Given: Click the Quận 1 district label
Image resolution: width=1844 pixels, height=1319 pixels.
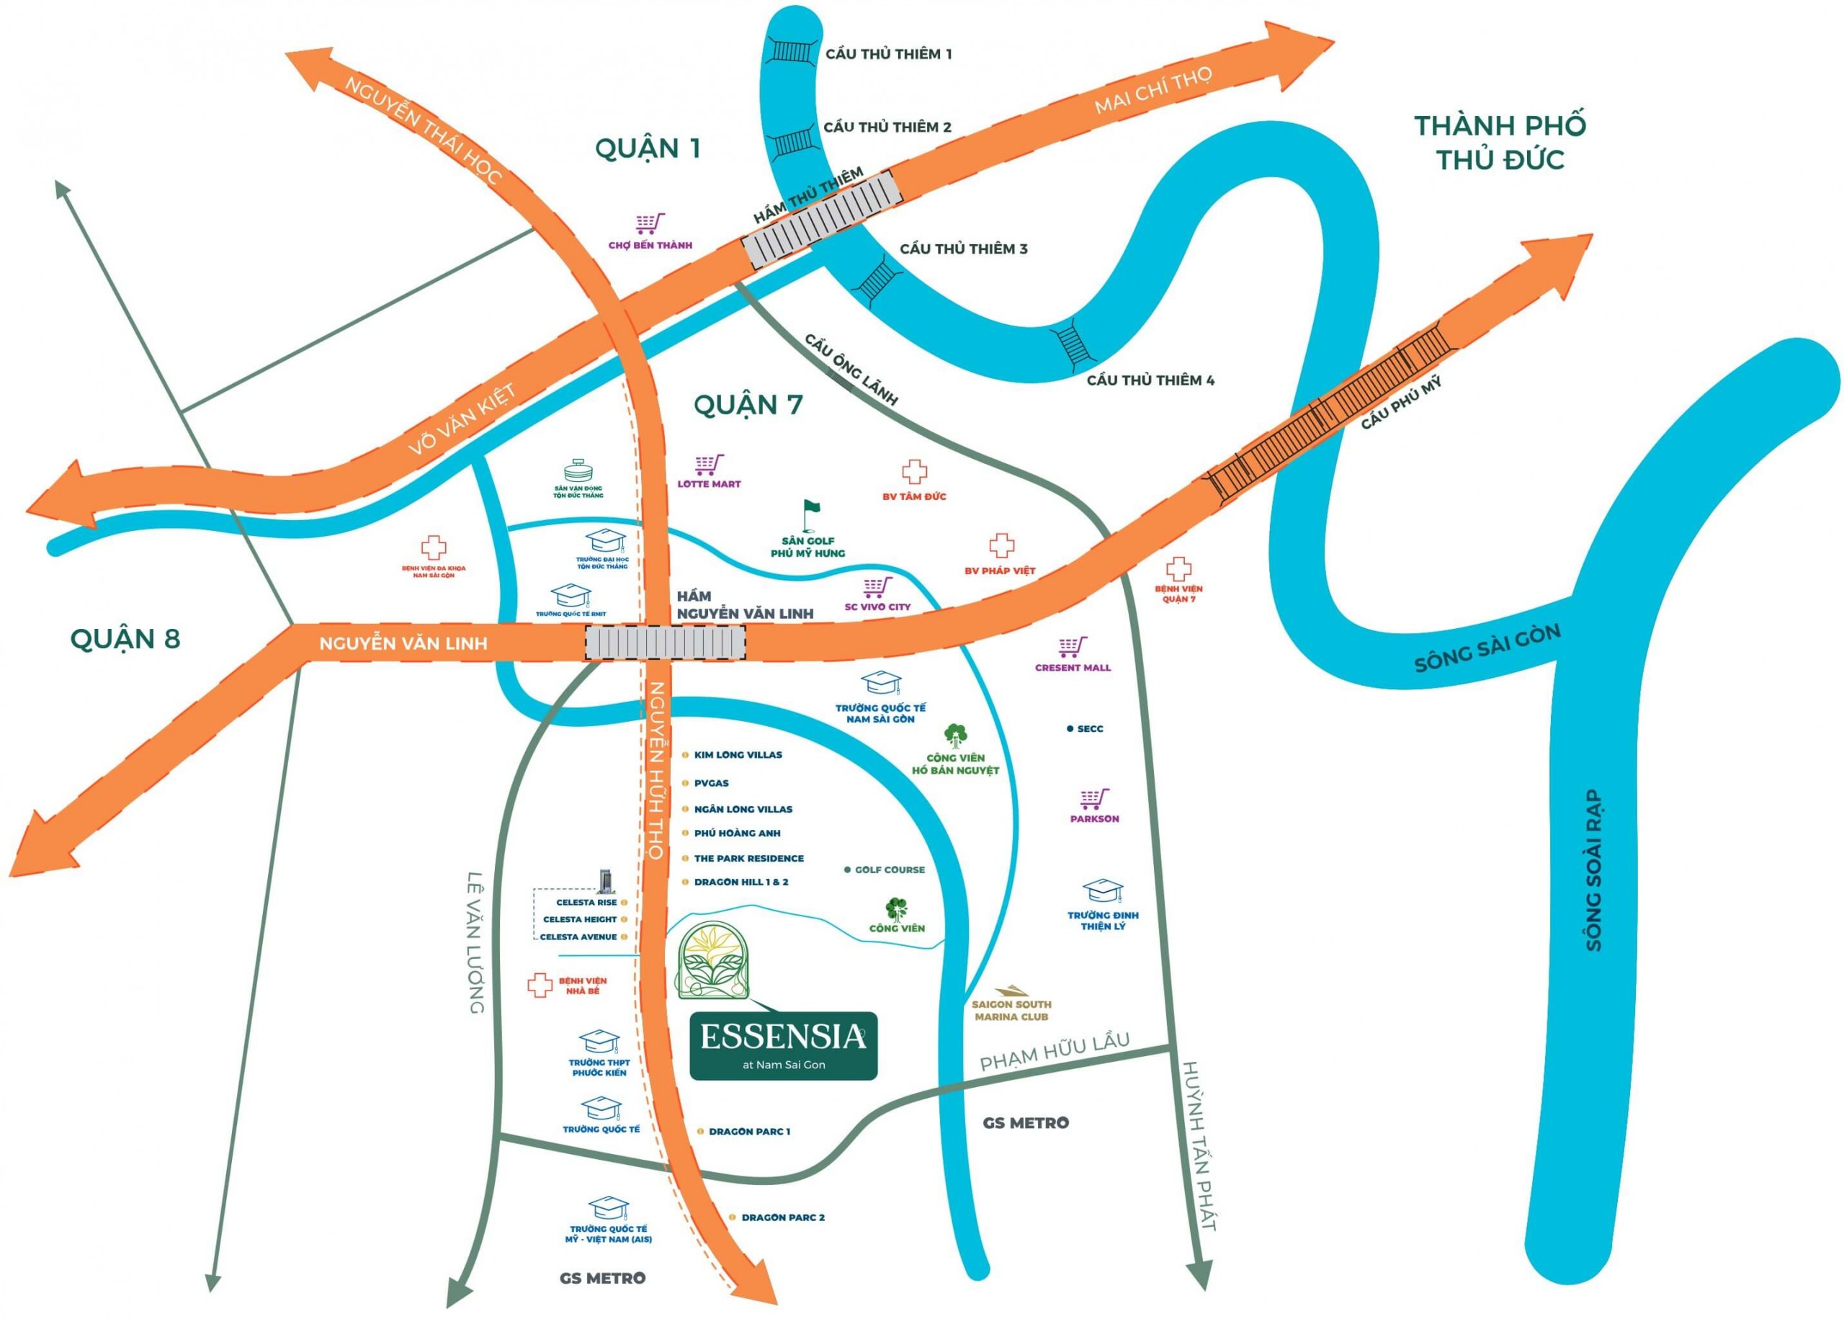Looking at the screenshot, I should pyautogui.click(x=647, y=148).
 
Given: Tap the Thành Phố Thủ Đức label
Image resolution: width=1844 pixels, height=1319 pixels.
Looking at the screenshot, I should pyautogui.click(x=1499, y=142).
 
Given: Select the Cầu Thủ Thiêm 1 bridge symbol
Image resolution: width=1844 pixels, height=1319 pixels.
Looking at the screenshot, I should pyautogui.click(x=789, y=51).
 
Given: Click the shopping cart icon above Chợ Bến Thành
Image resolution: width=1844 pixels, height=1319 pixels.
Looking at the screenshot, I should pyautogui.click(x=650, y=223).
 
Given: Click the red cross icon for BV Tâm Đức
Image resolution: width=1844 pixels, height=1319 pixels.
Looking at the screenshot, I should pyautogui.click(x=914, y=472).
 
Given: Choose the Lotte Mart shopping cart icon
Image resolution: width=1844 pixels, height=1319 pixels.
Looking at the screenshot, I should pyautogui.click(x=708, y=465).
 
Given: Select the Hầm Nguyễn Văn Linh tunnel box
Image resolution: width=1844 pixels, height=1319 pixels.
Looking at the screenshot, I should pyautogui.click(x=665, y=643).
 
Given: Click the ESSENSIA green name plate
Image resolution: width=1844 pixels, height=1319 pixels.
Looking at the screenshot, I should pyautogui.click(x=783, y=1045).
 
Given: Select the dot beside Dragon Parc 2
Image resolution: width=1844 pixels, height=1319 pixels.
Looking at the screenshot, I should pyautogui.click(x=733, y=1217).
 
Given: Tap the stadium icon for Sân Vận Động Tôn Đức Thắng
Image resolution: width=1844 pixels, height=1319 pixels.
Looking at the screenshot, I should pyautogui.click(x=579, y=472).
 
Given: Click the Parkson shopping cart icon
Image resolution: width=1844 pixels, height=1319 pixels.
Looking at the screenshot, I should pyautogui.click(x=1093, y=798).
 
